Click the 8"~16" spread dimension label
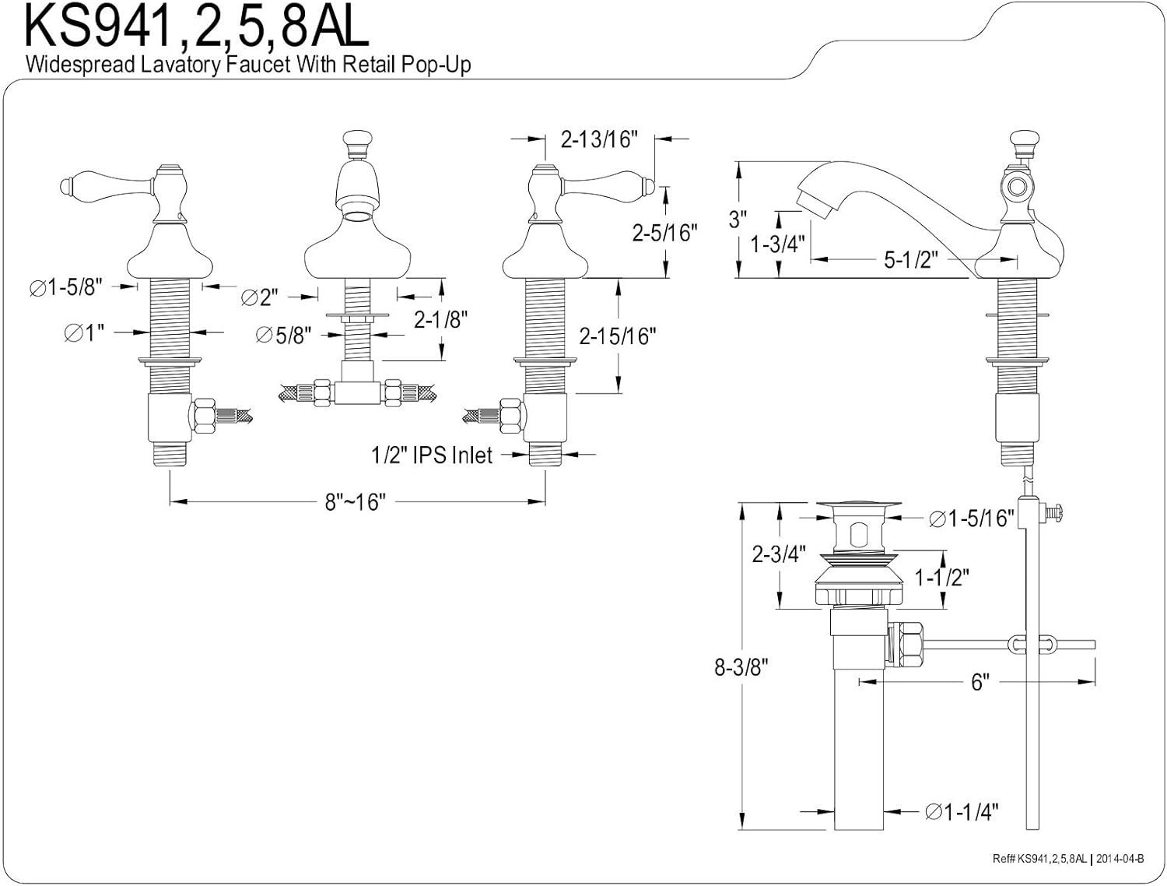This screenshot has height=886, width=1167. pos(355,502)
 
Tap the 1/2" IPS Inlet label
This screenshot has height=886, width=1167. pos(432,455)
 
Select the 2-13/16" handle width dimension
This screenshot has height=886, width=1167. pos(599,139)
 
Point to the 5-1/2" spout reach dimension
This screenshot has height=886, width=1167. pos(907,259)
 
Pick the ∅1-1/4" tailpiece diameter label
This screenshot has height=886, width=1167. pos(962,812)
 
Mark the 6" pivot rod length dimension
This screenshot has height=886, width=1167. pos(980,682)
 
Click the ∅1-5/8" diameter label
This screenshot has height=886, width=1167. pos(66,287)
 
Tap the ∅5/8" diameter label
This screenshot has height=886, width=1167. pos(284,336)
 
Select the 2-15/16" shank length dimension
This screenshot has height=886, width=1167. pos(618,336)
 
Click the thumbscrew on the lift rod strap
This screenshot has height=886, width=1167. pos(1056,513)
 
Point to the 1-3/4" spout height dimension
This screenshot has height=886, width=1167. pos(776,244)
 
